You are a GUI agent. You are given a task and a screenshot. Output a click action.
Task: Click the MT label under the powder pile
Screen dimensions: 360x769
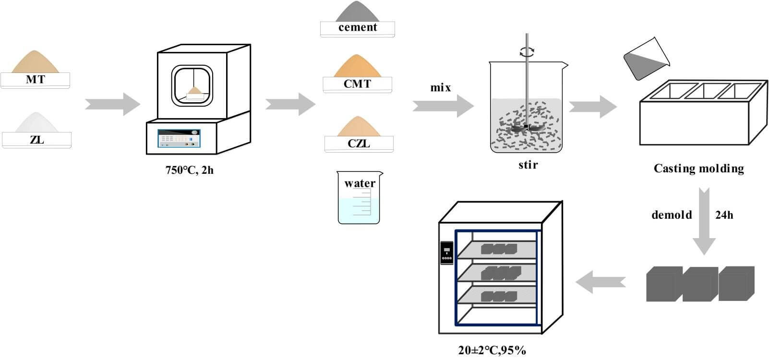click(35, 80)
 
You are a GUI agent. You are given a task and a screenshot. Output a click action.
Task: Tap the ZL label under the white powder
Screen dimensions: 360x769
click(36, 140)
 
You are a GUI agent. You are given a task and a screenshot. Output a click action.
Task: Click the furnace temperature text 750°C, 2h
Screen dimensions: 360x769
click(190, 169)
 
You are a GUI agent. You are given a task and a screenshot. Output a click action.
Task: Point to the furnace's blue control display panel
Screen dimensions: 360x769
click(179, 138)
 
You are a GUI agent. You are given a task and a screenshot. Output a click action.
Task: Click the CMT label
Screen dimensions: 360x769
click(357, 84)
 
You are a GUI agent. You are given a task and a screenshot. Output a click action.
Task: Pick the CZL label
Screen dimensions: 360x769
click(359, 144)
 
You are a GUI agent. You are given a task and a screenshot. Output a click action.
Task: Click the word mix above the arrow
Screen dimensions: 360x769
click(441, 88)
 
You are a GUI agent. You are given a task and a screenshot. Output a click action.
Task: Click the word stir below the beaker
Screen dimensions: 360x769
click(528, 165)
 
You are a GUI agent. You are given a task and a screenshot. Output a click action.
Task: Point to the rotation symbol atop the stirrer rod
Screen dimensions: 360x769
click(527, 52)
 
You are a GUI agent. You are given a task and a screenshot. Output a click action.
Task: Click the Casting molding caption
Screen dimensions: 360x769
click(698, 168)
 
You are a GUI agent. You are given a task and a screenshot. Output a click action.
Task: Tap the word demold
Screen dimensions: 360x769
click(672, 215)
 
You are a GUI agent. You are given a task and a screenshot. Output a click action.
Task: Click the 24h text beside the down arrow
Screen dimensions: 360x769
click(724, 215)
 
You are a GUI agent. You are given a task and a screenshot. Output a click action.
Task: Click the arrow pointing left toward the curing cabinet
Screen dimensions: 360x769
click(600, 281)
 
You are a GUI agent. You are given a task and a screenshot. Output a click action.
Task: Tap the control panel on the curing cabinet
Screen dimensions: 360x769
click(447, 252)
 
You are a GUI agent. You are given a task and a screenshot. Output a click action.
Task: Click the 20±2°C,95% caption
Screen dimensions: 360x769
click(492, 350)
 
